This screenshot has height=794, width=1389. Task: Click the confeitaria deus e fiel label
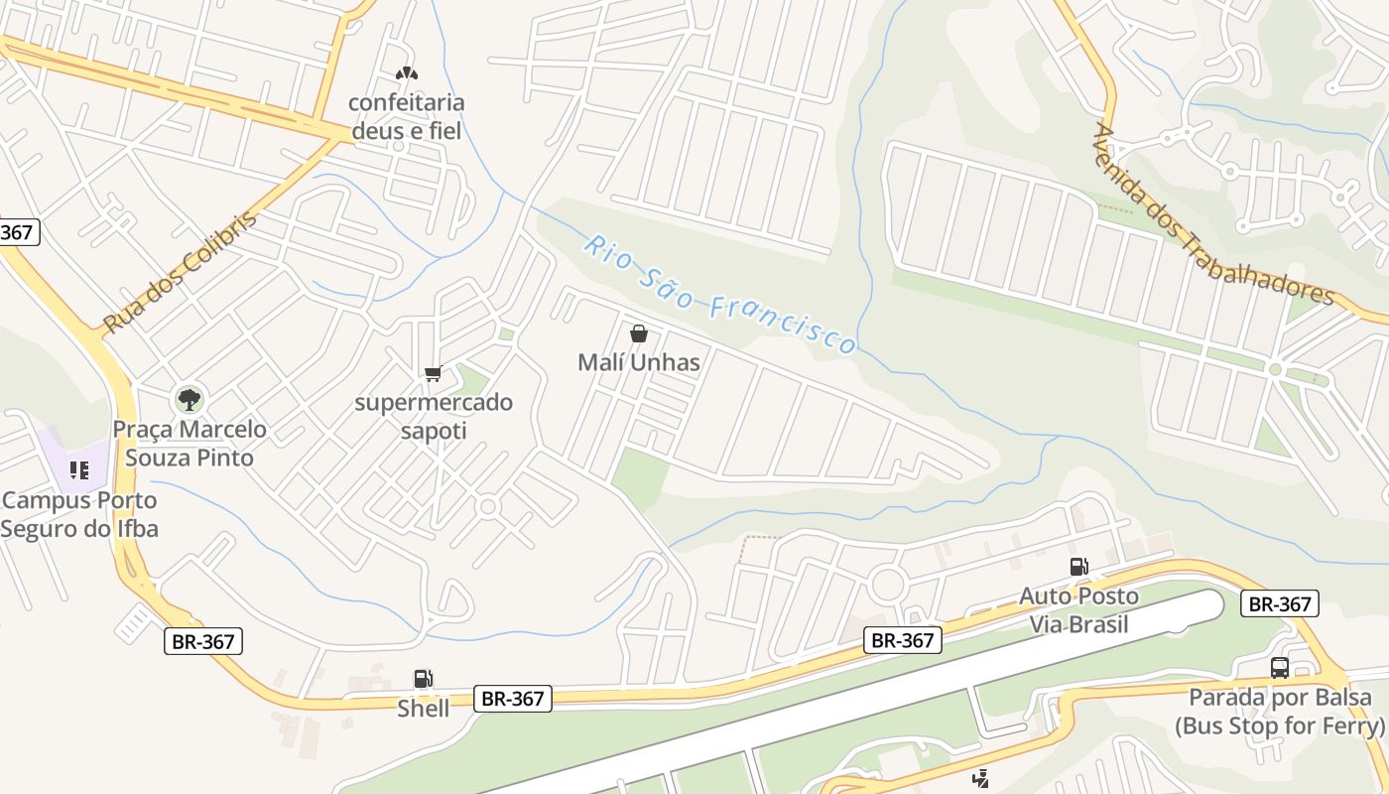pyautogui.click(x=406, y=116)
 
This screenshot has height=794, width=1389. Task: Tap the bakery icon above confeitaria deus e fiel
pyautogui.click(x=406, y=73)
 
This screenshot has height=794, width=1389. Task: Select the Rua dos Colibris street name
pyautogui.click(x=181, y=271)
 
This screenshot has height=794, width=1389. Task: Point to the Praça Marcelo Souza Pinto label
pyautogui.click(x=189, y=443)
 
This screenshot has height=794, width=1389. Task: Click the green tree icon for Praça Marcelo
pyautogui.click(x=189, y=400)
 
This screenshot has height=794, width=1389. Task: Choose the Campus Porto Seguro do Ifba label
pyautogui.click(x=79, y=514)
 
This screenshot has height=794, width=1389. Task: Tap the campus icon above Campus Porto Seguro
pyautogui.click(x=79, y=470)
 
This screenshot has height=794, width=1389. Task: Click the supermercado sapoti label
pyautogui.click(x=434, y=416)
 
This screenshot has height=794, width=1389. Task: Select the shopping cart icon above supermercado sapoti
pyautogui.click(x=433, y=373)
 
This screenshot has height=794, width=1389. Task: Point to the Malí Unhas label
pyautogui.click(x=639, y=362)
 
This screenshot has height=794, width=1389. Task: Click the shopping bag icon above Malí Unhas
pyautogui.click(x=639, y=333)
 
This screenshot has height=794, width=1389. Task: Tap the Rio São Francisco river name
pyautogui.click(x=719, y=294)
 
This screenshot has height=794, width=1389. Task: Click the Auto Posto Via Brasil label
pyautogui.click(x=1078, y=609)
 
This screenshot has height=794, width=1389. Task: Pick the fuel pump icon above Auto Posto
pyautogui.click(x=1078, y=567)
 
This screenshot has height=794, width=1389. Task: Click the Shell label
pyautogui.click(x=424, y=709)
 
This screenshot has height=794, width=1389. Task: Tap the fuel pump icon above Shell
pyautogui.click(x=424, y=679)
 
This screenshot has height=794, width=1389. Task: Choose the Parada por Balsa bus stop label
pyautogui.click(x=1280, y=711)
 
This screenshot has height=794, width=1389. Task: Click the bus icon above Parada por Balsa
pyautogui.click(x=1280, y=668)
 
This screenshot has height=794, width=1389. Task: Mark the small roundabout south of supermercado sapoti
pyautogui.click(x=486, y=507)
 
